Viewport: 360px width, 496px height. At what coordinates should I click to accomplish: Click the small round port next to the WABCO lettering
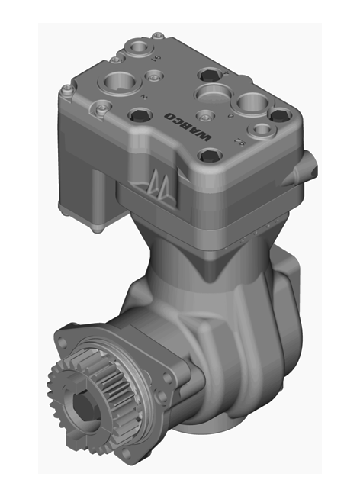204,116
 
